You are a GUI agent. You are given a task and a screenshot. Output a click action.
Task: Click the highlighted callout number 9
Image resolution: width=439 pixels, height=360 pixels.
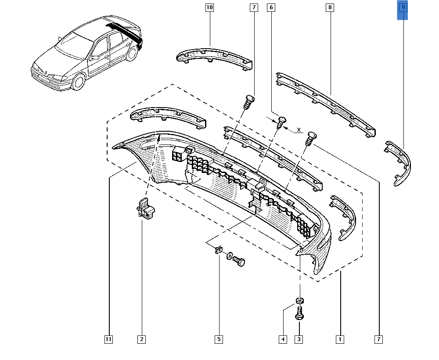403,7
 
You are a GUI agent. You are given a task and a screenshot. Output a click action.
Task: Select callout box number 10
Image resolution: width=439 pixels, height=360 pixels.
209,7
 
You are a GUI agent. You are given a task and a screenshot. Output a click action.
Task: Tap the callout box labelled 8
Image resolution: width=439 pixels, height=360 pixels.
330,7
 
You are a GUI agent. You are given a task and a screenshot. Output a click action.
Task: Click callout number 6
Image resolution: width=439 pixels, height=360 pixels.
271,7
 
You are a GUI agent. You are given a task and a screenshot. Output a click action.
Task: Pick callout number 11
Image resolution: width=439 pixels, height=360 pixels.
108,339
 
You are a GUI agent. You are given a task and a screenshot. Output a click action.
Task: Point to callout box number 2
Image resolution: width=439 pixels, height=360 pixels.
141,339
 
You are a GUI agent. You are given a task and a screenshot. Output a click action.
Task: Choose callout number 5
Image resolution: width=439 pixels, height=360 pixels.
219,339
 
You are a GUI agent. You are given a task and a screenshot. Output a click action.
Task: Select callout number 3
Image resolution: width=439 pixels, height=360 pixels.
299,339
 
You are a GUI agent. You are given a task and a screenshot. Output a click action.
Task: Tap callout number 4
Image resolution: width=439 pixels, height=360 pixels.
283,339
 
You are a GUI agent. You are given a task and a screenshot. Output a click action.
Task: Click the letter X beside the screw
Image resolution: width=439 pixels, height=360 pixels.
299,130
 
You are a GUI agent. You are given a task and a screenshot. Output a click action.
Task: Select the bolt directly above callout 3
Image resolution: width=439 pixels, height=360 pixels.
299,313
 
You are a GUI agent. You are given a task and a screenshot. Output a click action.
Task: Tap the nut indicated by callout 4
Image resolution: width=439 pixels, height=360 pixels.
299,301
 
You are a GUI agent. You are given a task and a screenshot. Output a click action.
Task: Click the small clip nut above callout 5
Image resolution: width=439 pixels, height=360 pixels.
218,251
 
